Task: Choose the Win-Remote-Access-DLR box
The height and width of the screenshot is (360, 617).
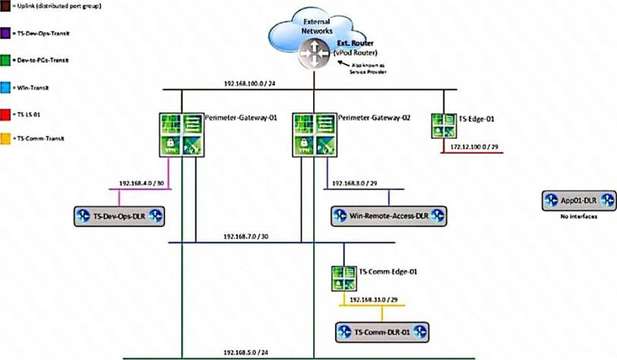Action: tap(389, 216)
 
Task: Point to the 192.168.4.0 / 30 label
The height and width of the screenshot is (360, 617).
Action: tap(143, 184)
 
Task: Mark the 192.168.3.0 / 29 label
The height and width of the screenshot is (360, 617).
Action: tap(353, 184)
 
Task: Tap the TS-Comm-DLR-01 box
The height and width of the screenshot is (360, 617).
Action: tap(382, 332)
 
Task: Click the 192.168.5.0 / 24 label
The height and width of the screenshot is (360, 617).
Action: tap(246, 353)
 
